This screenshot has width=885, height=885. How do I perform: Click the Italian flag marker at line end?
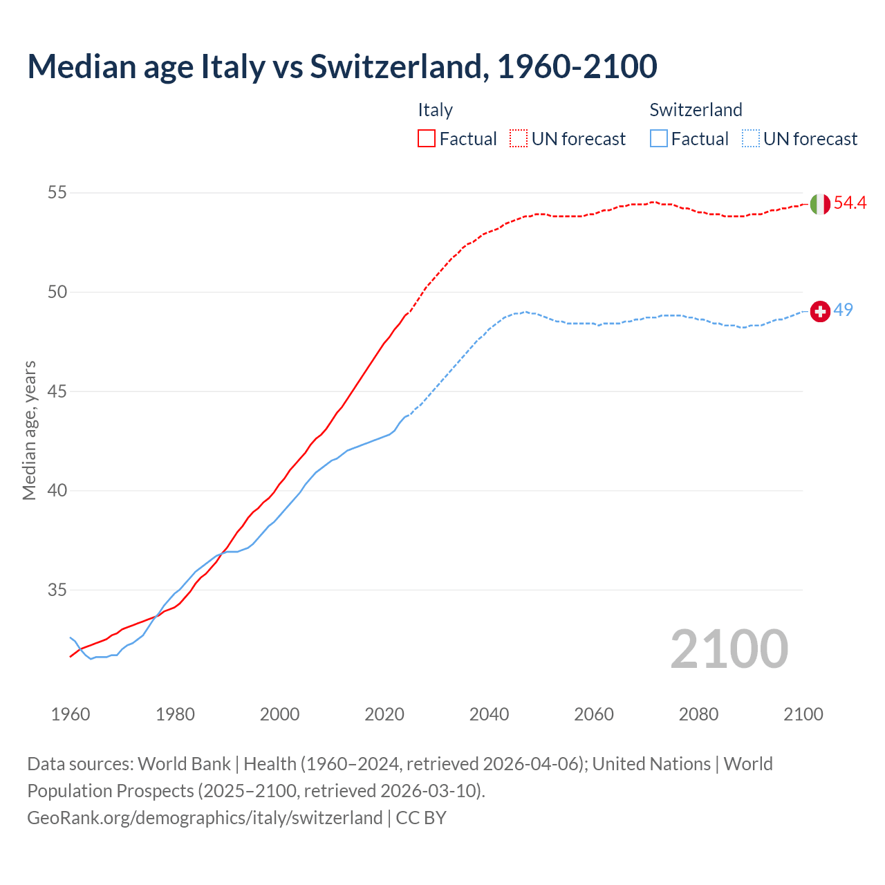click(x=820, y=204)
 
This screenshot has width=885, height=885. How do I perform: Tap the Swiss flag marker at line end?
click(x=820, y=312)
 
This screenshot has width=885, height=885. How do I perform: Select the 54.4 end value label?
click(x=850, y=203)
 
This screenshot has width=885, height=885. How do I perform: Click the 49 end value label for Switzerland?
click(x=844, y=310)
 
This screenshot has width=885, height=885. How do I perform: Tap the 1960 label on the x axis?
click(x=71, y=714)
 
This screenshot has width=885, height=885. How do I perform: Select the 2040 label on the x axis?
click(x=489, y=714)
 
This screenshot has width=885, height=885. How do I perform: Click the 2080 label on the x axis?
click(x=698, y=714)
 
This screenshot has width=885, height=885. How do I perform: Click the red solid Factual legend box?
click(x=427, y=139)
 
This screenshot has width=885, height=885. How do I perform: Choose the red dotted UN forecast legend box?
click(x=519, y=139)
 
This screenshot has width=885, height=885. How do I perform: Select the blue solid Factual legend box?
click(x=659, y=139)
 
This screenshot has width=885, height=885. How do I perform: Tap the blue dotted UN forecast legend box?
click(x=751, y=139)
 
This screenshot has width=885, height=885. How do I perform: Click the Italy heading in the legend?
click(x=435, y=110)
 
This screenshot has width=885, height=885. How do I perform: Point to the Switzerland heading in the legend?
click(x=696, y=110)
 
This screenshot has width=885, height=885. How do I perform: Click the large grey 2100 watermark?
click(x=729, y=649)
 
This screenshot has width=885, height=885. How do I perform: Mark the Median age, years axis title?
click(x=29, y=430)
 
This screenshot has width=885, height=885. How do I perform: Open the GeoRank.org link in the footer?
click(x=205, y=817)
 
